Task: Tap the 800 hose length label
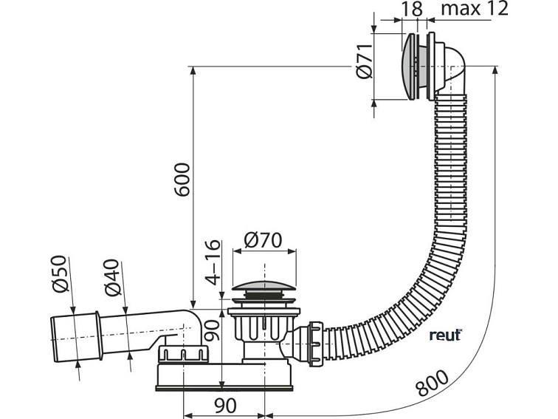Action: [x=433, y=384]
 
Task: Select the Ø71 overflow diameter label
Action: [x=364, y=61]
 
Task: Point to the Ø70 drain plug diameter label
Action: [x=263, y=240]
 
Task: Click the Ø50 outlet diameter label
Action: [x=59, y=273]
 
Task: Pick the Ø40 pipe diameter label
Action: [x=112, y=278]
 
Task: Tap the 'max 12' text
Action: [x=475, y=8]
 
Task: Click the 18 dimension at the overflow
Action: [x=413, y=8]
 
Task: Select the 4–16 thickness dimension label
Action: [x=213, y=262]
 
